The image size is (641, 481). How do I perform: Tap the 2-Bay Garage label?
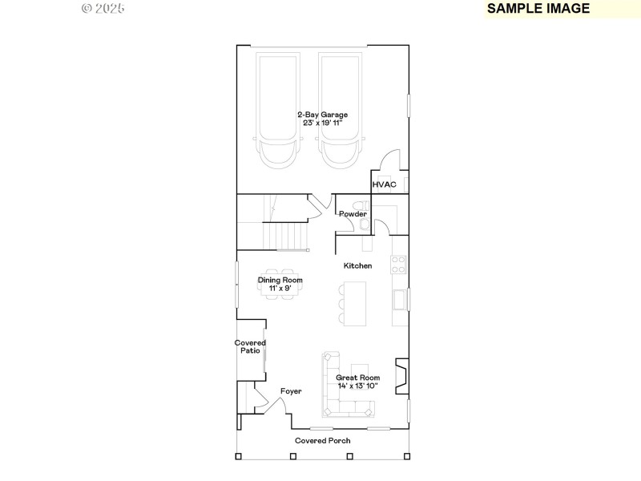322,115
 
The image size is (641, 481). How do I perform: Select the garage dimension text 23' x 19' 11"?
322,123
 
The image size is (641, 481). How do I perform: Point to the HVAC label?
385,185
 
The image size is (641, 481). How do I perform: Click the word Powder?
353,214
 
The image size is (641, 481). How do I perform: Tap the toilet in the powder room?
365,227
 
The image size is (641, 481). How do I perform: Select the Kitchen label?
357,265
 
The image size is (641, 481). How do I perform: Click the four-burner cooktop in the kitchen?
398,264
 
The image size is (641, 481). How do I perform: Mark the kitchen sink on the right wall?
399,300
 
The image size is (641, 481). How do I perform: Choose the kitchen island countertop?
353,303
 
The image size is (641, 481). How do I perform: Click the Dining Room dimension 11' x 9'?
280,288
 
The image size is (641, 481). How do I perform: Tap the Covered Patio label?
250,346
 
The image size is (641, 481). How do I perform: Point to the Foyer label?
291,391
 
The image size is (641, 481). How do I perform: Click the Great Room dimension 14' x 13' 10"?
357,386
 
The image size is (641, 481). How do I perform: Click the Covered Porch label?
322,440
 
